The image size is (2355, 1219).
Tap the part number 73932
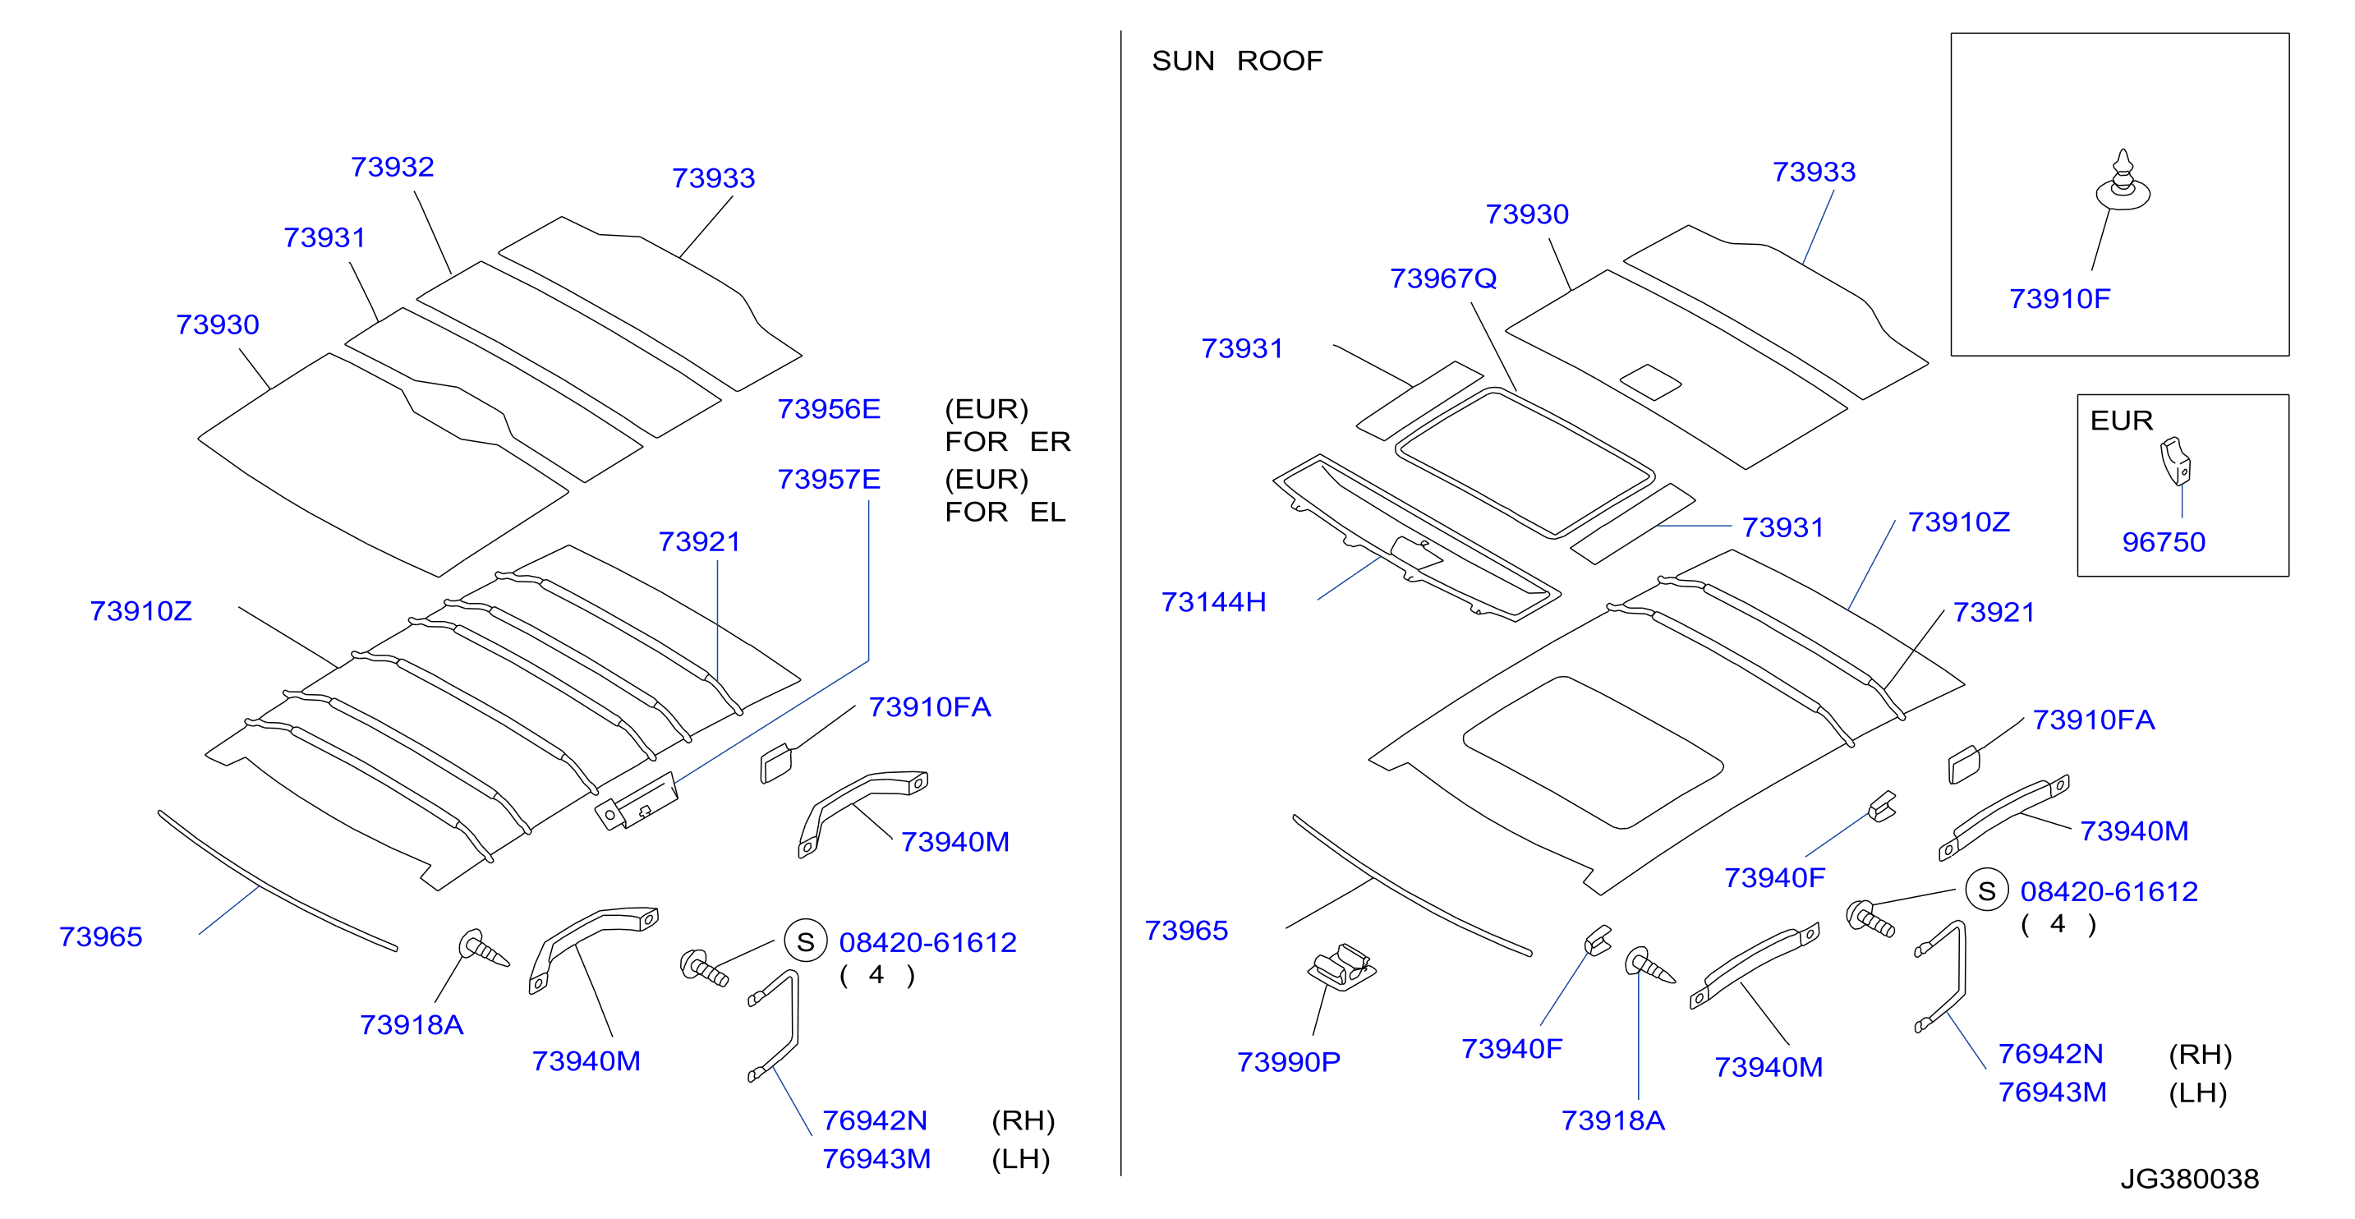tap(392, 167)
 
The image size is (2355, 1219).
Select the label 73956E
tap(828, 409)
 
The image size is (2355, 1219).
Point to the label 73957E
tap(828, 479)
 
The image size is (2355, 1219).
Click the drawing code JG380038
tap(2190, 1179)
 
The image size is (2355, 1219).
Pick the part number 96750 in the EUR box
tap(2163, 542)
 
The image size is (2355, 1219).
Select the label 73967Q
tap(1442, 278)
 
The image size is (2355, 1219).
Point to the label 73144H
tap(1213, 602)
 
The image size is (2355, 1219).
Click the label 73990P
tap(1288, 1062)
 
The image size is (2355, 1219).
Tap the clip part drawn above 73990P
tap(1342, 966)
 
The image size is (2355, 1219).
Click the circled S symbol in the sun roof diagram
tap(1986, 890)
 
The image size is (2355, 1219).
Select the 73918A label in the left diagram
tap(412, 1024)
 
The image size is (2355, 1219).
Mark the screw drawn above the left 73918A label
tap(483, 948)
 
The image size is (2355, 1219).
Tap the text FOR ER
tap(1007, 442)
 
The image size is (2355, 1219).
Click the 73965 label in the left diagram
tap(100, 936)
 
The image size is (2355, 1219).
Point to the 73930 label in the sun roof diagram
tap(1527, 214)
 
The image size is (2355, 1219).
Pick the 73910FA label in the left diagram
tap(929, 707)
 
